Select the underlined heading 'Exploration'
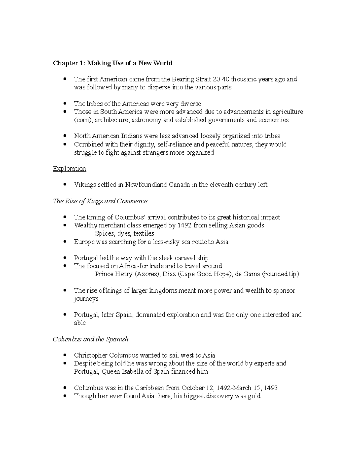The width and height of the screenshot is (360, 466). pyautogui.click(x=69, y=169)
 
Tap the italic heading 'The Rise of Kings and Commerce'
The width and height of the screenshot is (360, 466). pyautogui.click(x=100, y=201)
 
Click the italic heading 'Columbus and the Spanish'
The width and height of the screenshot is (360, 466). pyautogui.click(x=91, y=339)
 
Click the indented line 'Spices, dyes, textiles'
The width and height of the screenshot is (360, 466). pyautogui.click(x=124, y=233)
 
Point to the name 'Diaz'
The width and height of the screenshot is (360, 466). pyautogui.click(x=169, y=274)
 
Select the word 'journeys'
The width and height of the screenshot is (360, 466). pyautogui.click(x=86, y=299)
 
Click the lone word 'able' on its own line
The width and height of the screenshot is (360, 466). pyautogui.click(x=80, y=323)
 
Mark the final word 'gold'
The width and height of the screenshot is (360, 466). pyautogui.click(x=254, y=396)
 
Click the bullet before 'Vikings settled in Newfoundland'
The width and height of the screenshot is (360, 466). pyautogui.click(x=65, y=185)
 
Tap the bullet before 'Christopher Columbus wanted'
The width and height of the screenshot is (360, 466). pyautogui.click(x=65, y=356)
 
